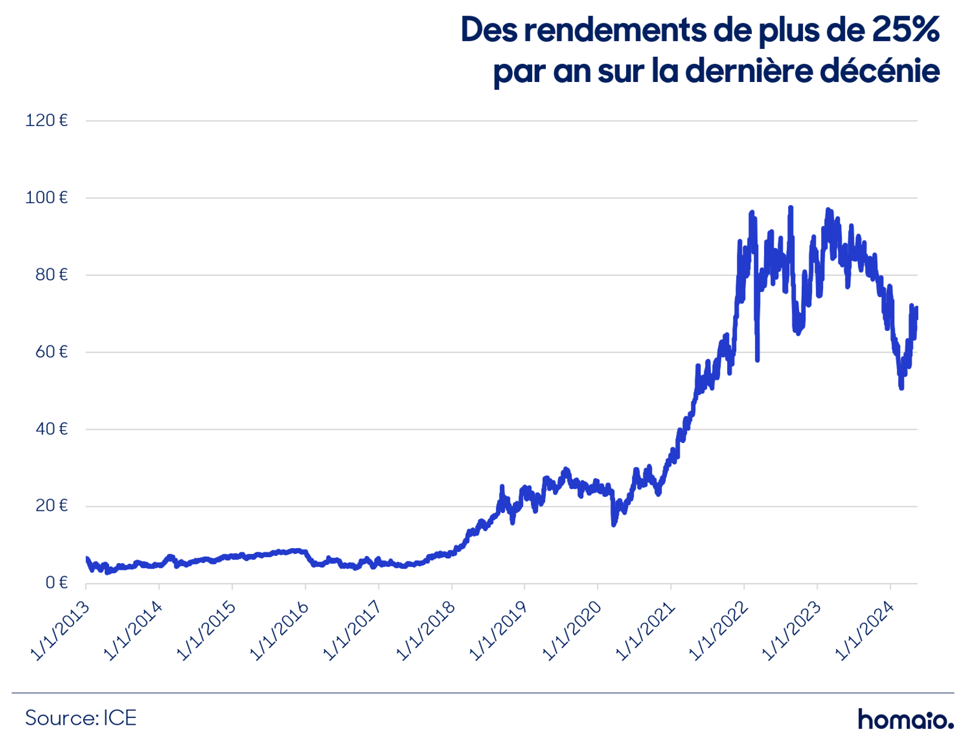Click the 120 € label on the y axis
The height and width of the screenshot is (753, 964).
pos(46,121)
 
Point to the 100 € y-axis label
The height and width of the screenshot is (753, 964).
pos(46,198)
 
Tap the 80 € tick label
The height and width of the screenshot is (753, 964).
pos(51,275)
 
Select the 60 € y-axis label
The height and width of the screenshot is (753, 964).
pos(51,352)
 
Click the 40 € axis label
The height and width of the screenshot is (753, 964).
pos(51,429)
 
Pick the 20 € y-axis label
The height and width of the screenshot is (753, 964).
pos(51,506)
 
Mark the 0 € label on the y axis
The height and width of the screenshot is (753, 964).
pos(57,583)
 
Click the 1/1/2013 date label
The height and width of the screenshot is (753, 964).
pos(60,631)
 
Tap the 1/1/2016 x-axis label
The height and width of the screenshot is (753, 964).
pos(280,631)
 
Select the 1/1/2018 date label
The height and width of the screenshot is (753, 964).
pos(426,631)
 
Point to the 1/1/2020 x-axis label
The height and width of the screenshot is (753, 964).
pos(572,631)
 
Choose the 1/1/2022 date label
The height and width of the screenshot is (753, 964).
pos(719,631)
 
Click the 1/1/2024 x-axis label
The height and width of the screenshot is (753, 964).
pos(865,631)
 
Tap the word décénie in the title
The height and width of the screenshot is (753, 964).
pos(879,71)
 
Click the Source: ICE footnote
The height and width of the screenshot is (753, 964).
pos(81,718)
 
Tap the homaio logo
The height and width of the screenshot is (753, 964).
pos(906,719)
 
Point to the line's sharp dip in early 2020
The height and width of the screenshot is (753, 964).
pos(613,523)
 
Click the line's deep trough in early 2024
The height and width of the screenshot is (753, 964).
pos(901,388)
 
